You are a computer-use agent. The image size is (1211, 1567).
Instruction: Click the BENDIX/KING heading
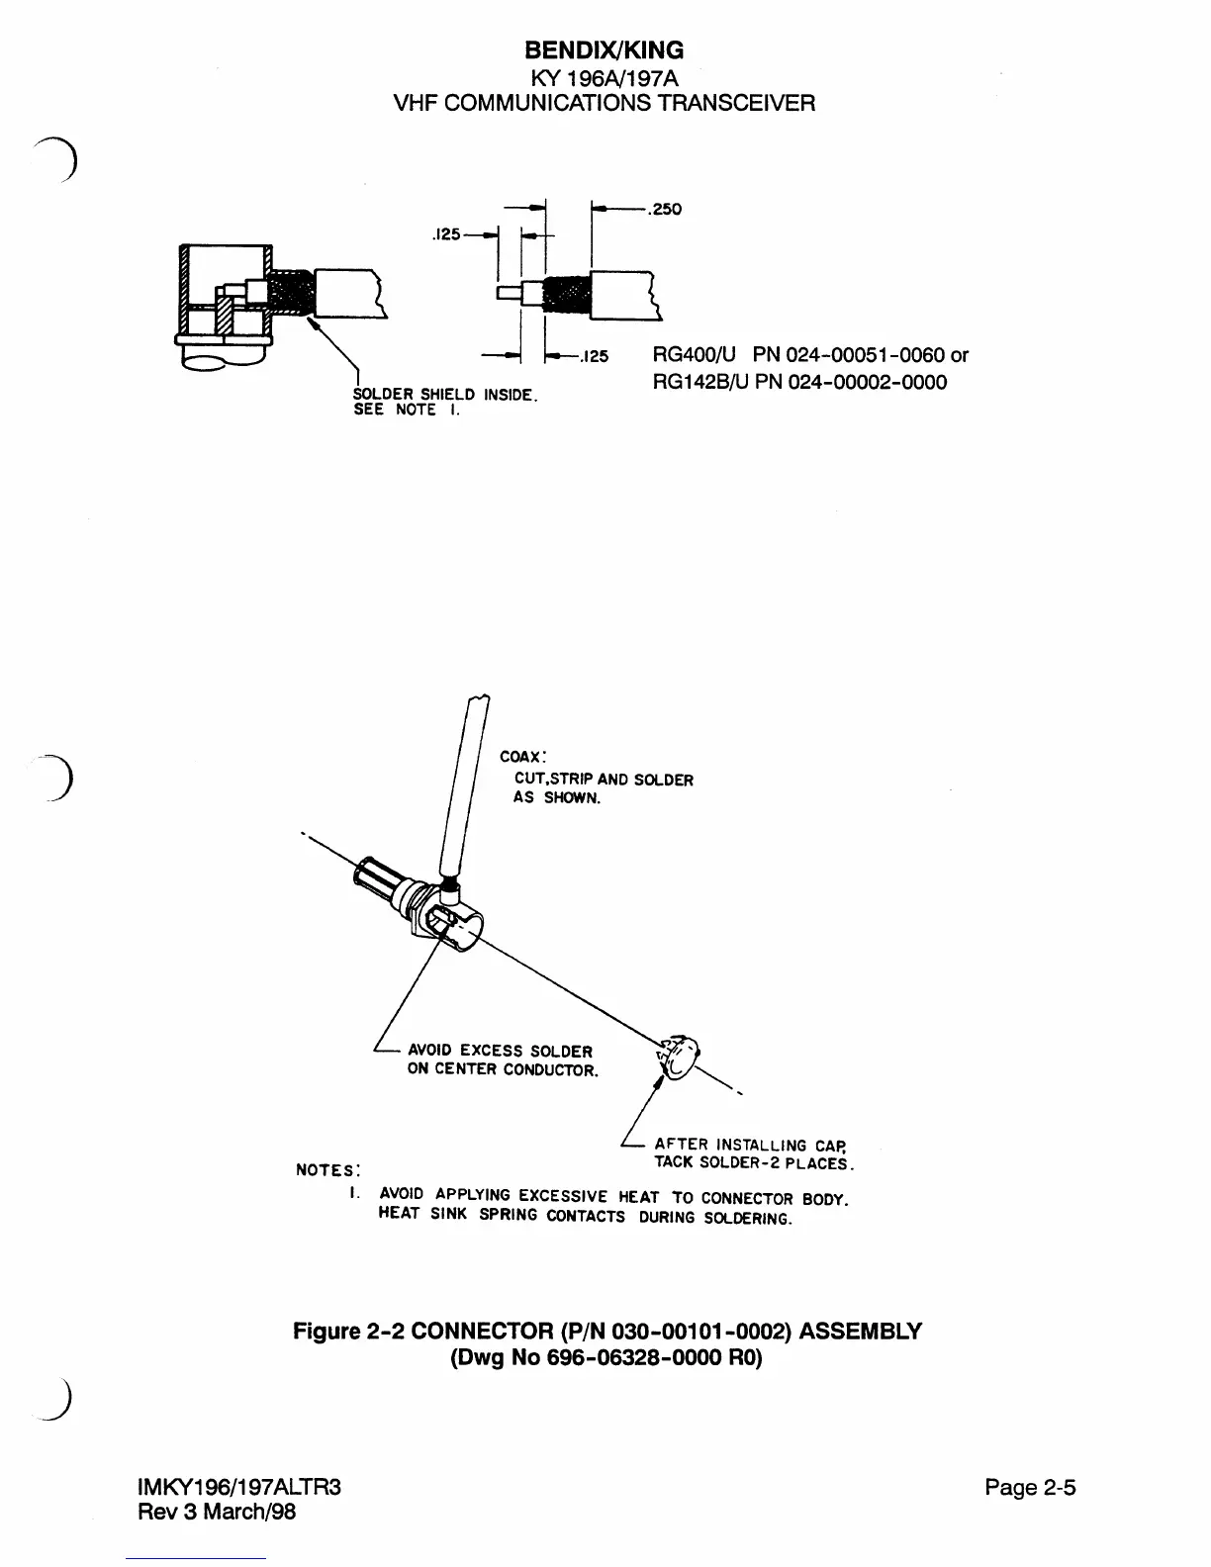click(x=604, y=49)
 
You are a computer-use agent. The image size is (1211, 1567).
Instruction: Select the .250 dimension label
click(x=665, y=209)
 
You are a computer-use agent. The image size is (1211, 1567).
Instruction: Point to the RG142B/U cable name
click(x=699, y=382)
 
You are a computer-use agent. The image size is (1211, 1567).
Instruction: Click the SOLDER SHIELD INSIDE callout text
click(x=444, y=395)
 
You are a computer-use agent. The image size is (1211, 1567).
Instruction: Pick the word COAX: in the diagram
click(x=517, y=757)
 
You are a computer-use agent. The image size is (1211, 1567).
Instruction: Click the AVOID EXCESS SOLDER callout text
click(x=500, y=1051)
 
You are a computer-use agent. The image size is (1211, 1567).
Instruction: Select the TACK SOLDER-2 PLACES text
click(x=754, y=1162)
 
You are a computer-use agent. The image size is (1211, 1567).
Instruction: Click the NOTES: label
click(x=327, y=1170)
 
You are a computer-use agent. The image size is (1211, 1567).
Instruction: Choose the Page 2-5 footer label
click(x=1030, y=1487)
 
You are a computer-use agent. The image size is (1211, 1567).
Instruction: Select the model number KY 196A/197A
click(x=604, y=76)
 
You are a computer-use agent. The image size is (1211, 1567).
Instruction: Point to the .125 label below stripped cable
click(x=594, y=356)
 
